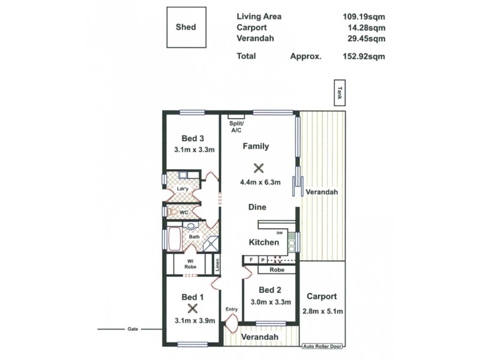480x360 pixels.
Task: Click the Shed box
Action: tap(186, 28)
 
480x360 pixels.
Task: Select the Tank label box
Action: tap(340, 93)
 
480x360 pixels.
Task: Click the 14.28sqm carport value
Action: tap(365, 28)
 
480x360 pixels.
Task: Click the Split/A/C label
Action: tap(235, 127)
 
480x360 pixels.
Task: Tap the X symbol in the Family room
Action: tap(259, 169)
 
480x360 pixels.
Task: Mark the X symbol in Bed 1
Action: tap(192, 308)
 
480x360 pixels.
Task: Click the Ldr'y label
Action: tap(183, 190)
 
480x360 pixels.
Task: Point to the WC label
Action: tap(184, 212)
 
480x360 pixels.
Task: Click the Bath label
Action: tap(194, 236)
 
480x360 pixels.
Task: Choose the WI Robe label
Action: tap(189, 263)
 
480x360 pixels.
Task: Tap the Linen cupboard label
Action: tap(218, 263)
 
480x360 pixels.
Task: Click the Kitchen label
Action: tap(264, 242)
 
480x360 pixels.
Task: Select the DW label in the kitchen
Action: tap(279, 233)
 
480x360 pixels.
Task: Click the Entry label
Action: tap(232, 310)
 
